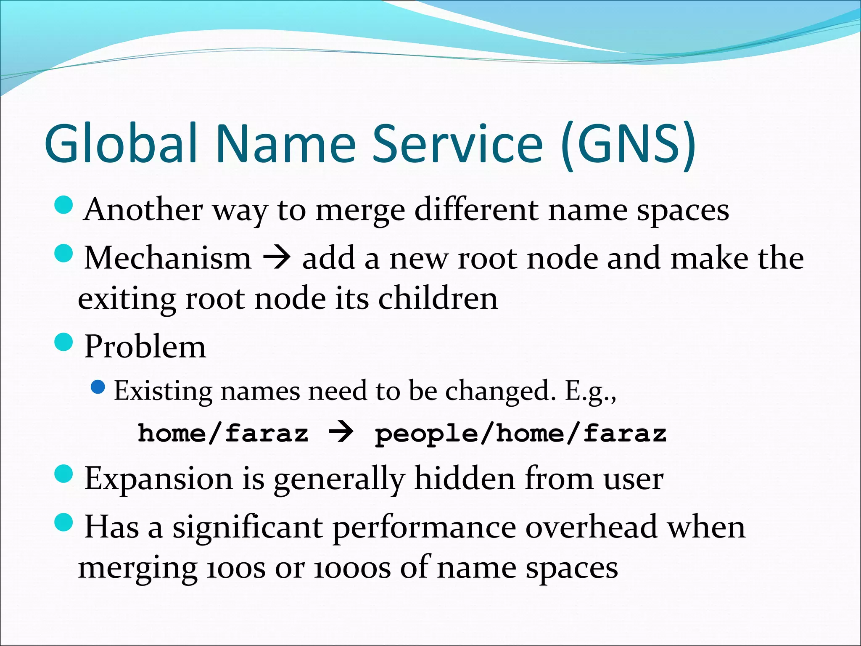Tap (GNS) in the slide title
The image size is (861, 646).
[629, 144]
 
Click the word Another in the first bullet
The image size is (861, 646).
[143, 209]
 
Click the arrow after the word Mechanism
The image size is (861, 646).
[276, 258]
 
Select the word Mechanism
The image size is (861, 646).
[168, 257]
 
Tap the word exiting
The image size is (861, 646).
[127, 299]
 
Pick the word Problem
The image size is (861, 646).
[145, 347]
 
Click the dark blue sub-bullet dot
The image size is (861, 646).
[98, 387]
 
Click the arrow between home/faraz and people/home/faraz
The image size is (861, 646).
[341, 433]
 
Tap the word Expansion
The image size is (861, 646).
[158, 479]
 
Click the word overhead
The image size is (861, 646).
[591, 527]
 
